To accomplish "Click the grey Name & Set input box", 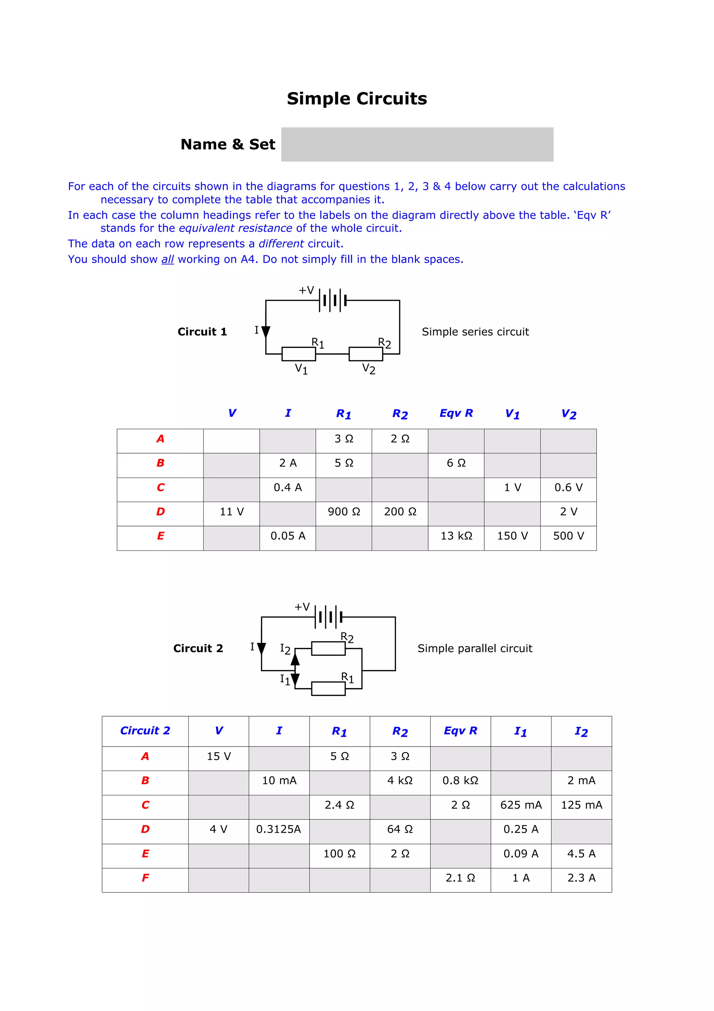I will point(417,144).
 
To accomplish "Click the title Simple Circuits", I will point(357,99).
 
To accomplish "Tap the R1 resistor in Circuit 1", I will point(298,354).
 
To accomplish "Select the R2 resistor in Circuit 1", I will point(366,354).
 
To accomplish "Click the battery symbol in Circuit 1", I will point(333,300).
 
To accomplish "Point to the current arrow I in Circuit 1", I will point(266,331).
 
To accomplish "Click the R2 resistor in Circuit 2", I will point(328,648).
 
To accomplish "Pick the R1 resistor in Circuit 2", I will point(328,688).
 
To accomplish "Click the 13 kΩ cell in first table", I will point(456,536).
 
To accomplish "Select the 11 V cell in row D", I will point(231,512).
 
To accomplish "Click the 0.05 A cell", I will point(288,536).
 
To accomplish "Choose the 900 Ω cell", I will point(344,512).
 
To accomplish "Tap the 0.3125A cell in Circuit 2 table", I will point(279,829).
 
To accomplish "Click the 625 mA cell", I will point(521,805).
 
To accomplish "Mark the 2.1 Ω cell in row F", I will point(460,878).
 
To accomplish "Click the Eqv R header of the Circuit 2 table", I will point(460,731).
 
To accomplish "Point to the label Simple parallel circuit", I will point(475,648).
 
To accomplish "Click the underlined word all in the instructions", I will point(168,259).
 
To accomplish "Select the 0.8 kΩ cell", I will point(460,781).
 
